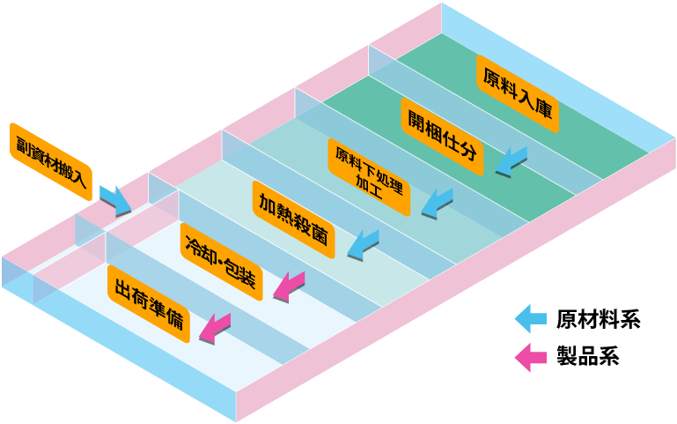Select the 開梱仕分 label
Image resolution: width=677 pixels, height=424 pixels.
443,137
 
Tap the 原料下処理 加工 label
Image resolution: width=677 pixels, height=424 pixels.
370,176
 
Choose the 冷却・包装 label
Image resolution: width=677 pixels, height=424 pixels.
220,261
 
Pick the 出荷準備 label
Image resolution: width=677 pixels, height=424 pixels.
149,304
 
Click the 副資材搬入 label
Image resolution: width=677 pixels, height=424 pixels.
51,160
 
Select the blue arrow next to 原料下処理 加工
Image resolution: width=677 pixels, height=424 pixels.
437,204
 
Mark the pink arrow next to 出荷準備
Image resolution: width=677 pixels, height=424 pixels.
215,328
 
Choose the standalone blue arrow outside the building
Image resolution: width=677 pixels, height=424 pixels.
531,318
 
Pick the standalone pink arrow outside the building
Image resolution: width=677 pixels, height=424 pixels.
531,358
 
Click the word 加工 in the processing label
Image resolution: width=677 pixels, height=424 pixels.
369,187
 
